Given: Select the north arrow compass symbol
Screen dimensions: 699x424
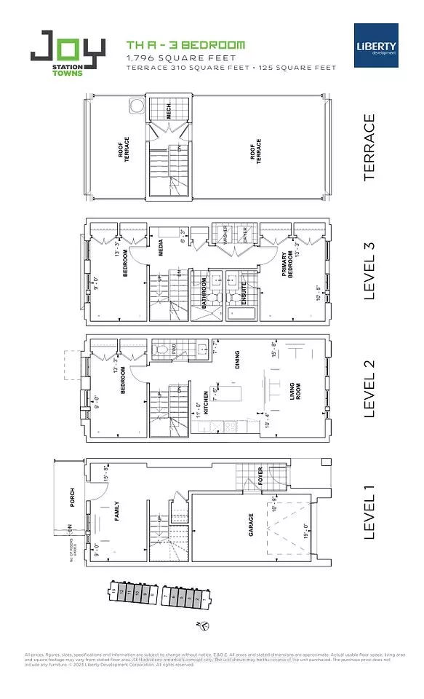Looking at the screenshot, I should (x=205, y=624).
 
